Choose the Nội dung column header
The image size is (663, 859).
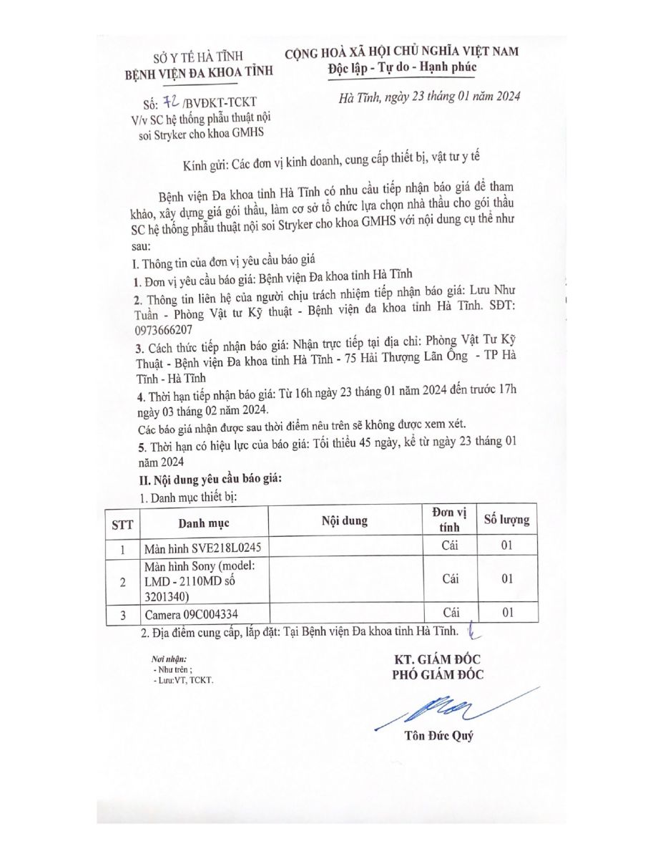coord(345,520)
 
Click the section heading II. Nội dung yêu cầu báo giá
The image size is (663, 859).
coord(211,479)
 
